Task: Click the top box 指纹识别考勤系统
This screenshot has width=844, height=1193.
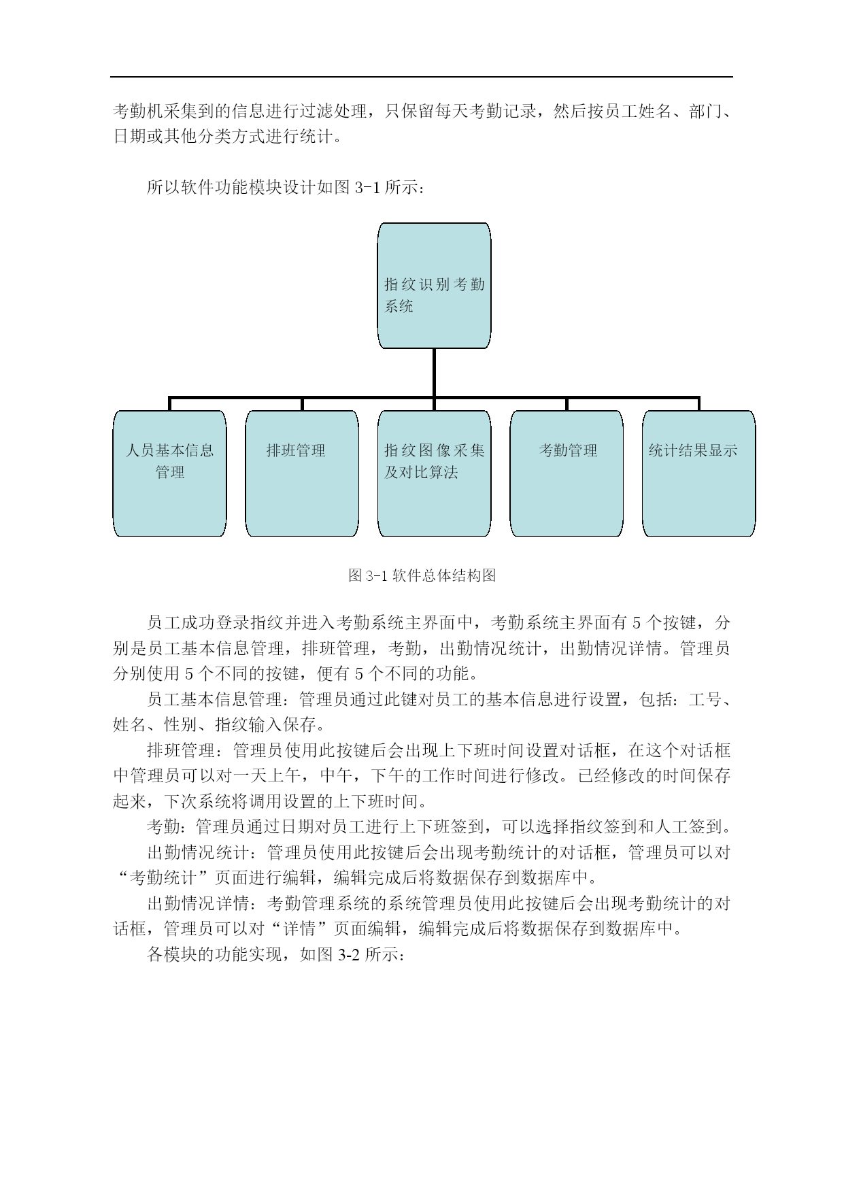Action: tap(434, 286)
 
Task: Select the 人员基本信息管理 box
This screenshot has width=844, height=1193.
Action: tap(169, 473)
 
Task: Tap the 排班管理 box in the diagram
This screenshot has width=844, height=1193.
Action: tap(302, 473)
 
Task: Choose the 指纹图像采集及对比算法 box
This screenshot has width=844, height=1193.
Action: tap(434, 473)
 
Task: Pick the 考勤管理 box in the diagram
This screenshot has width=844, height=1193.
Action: tap(567, 473)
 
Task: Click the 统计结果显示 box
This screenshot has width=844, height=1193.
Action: tap(698, 473)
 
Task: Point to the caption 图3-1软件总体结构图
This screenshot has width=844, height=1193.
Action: tap(422, 575)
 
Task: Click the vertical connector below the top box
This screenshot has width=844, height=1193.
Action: tap(434, 373)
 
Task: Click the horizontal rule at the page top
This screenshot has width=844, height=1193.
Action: tap(422, 77)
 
